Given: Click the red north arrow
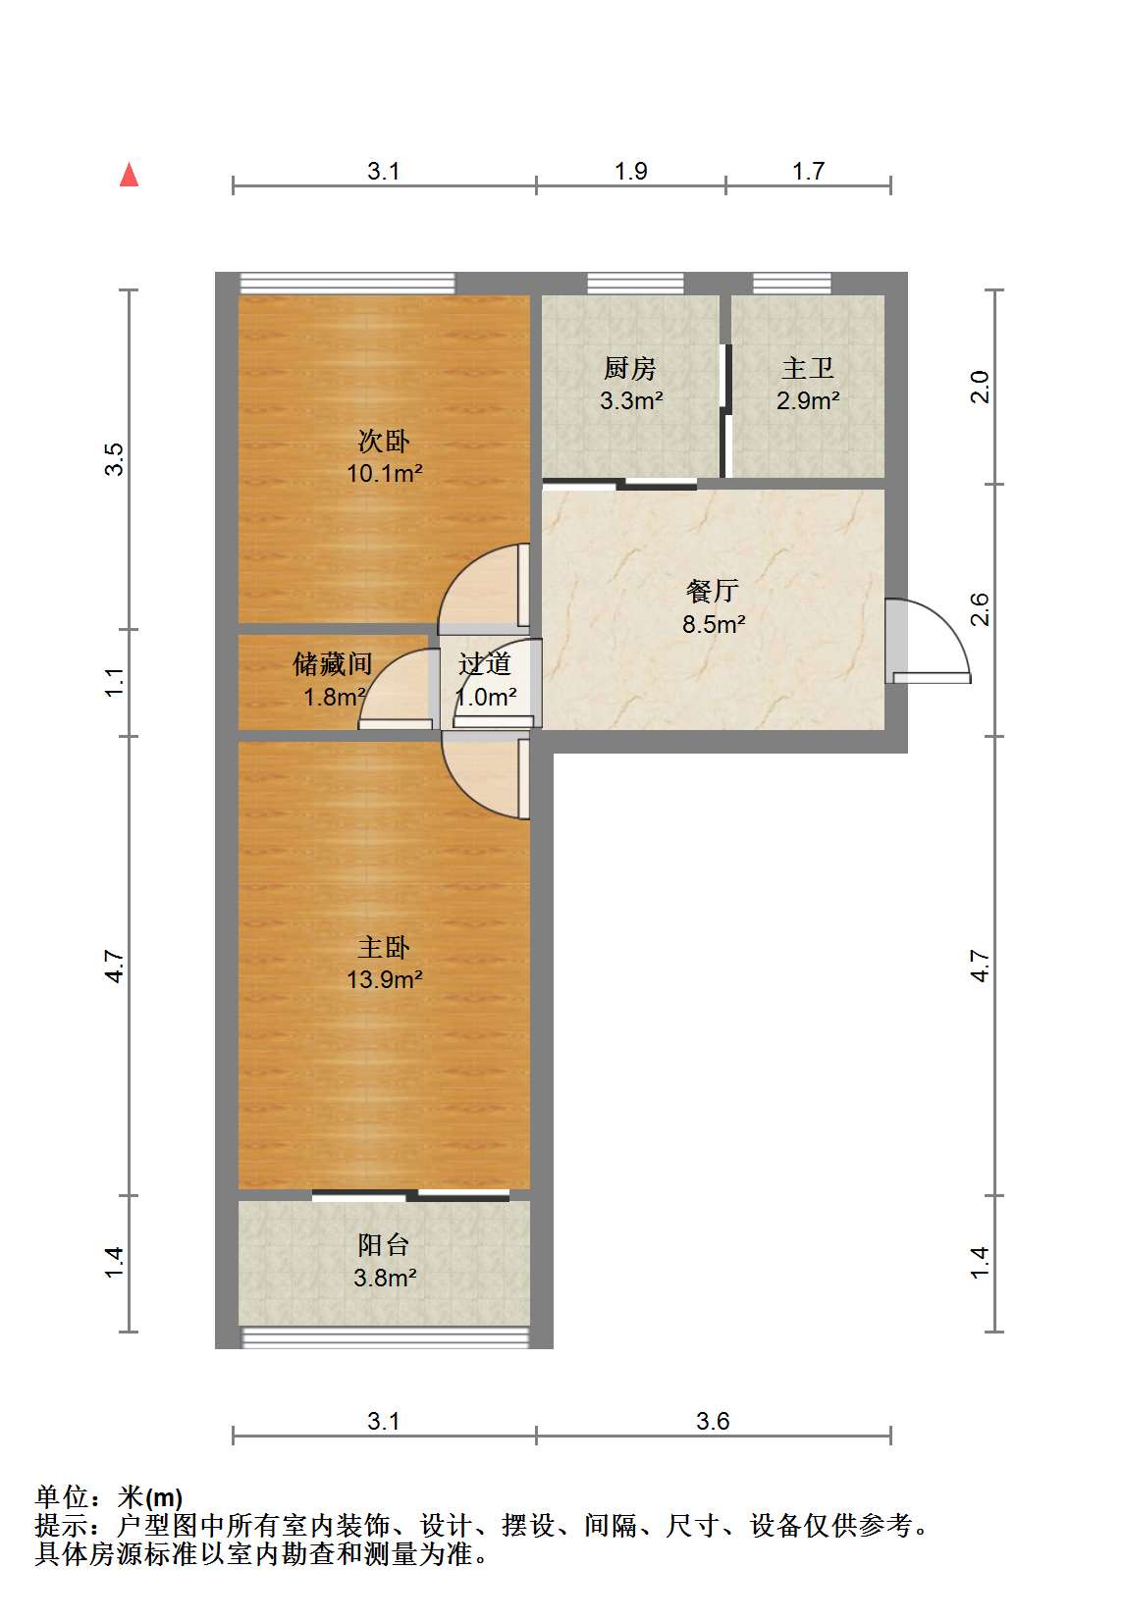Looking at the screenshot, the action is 129,175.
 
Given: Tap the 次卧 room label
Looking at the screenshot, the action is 384,441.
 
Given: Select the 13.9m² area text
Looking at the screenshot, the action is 385,979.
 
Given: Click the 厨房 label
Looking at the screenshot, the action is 630,368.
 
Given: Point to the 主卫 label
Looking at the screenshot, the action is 807,368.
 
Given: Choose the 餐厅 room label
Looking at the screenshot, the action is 714,591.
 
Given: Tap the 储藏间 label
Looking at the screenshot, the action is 333,663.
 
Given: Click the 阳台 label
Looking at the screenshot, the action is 384,1244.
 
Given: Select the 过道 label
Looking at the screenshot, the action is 484,663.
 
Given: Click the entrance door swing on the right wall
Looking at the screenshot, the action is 928,641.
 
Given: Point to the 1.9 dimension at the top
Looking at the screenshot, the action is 630,171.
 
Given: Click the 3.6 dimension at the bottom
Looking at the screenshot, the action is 714,1421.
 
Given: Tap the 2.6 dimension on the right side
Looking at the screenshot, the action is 979,609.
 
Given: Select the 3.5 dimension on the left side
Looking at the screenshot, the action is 114,459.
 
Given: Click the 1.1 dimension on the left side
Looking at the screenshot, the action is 114,682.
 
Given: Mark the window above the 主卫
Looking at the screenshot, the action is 791,283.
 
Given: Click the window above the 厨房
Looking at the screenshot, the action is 635,283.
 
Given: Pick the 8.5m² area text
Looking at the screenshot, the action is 714,623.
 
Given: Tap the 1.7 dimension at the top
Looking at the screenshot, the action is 808,171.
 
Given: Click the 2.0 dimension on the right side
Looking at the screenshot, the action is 979,387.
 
